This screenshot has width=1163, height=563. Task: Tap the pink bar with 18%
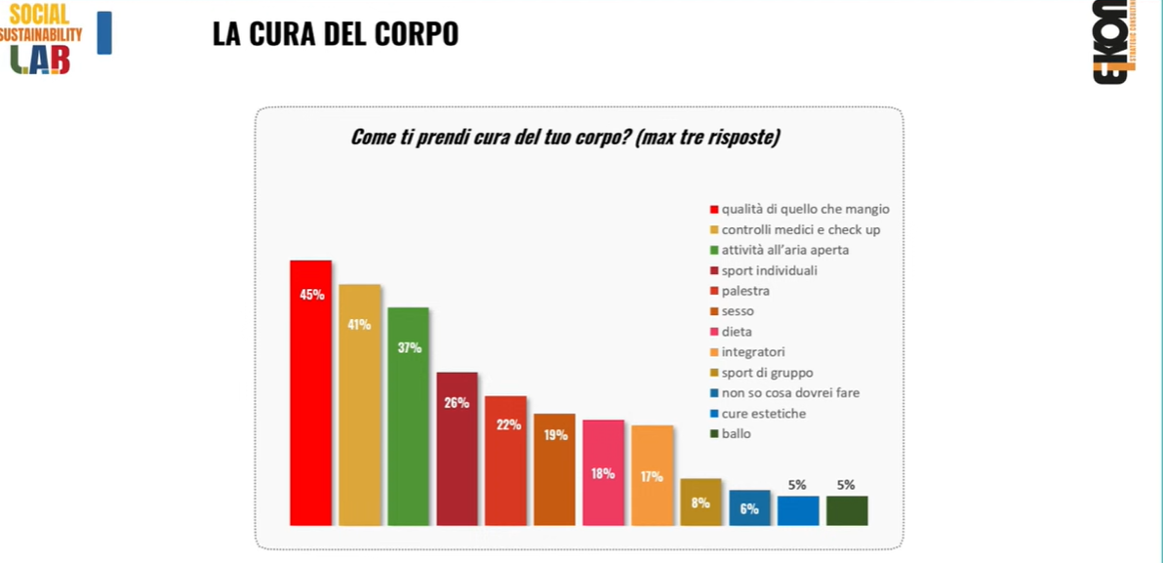603,472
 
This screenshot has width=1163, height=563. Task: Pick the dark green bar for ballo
846,510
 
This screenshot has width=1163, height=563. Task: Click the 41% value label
360,324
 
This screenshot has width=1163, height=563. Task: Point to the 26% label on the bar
457,402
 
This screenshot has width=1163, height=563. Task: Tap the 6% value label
749,508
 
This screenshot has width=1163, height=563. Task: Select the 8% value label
701,503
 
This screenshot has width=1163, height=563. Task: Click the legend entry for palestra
745,291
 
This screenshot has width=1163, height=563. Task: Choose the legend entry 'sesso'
738,311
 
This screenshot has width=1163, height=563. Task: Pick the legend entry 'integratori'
752,352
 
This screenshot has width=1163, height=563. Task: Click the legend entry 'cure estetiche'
763,414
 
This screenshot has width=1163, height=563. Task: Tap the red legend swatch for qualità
714,209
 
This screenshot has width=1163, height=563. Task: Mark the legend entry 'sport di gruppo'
767,373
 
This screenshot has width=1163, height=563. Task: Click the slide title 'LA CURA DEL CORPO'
335,34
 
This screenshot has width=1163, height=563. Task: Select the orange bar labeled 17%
652,475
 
